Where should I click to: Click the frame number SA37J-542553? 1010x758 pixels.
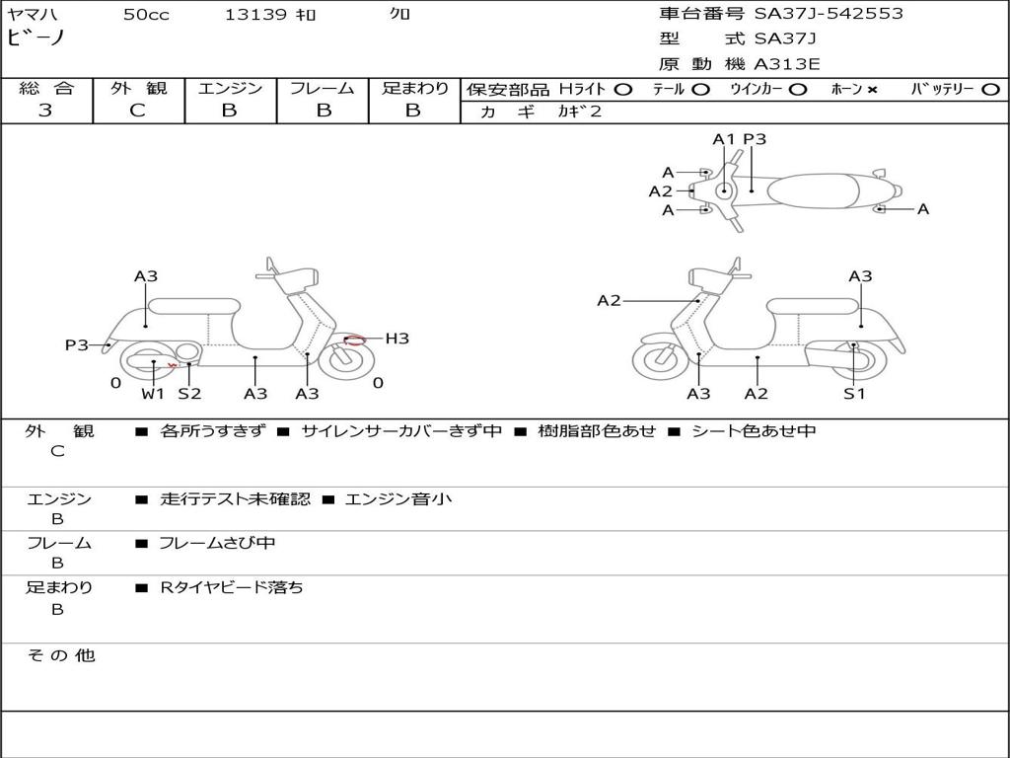tap(829, 14)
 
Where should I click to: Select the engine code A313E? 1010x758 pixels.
tap(787, 65)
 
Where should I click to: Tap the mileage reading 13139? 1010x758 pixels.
tap(255, 15)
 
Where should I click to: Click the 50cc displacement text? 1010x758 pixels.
tap(146, 15)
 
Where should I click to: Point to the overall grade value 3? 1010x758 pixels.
tap(45, 111)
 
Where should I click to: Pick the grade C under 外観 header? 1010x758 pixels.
tap(137, 111)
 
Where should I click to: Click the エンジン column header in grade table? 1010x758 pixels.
tap(230, 88)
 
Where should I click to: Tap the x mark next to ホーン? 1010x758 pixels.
tap(872, 89)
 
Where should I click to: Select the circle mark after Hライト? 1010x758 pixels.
tap(622, 89)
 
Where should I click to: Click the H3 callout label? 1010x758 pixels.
tap(397, 339)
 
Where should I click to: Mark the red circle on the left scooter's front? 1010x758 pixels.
tap(354, 341)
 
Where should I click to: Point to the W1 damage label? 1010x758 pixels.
tap(153, 394)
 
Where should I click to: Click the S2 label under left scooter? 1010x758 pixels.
tap(189, 394)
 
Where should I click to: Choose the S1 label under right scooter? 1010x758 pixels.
tap(854, 394)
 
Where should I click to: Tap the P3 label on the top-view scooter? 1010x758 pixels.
tap(755, 139)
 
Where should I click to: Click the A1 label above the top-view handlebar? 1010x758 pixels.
tap(724, 139)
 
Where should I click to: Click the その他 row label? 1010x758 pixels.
tap(60, 655)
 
